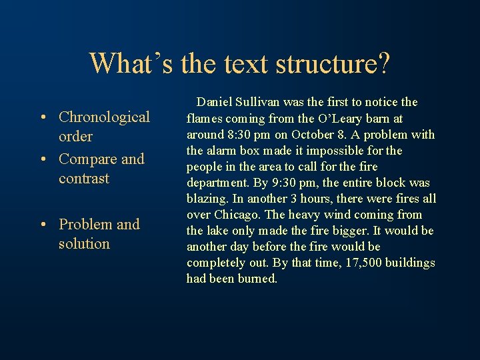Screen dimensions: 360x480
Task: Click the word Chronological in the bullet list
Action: coord(104,117)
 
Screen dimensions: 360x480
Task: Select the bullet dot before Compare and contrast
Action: coord(43,160)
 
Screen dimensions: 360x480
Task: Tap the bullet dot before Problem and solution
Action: coord(43,225)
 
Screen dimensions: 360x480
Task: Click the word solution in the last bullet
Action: coord(84,244)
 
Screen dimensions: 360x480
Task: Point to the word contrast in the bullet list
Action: coord(84,179)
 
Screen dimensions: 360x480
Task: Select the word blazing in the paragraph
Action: coord(206,199)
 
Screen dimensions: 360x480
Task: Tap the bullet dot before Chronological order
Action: coord(43,118)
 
